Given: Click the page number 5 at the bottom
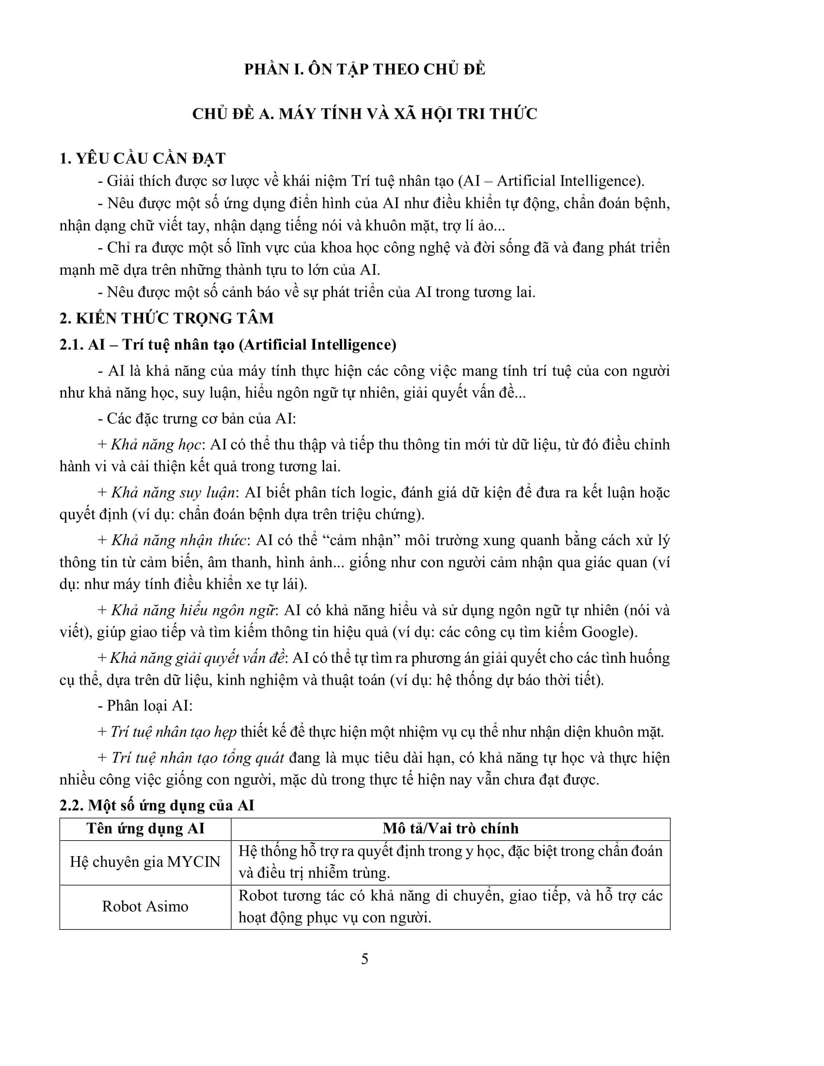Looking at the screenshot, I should pyautogui.click(x=364, y=958).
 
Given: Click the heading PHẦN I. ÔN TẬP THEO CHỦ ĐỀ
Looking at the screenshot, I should pyautogui.click(x=364, y=69).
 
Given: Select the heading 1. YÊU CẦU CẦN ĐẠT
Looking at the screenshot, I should pyautogui.click(x=142, y=158).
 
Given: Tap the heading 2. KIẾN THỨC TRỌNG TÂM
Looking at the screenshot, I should pyautogui.click(x=166, y=318).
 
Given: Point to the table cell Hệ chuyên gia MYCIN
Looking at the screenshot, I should pyautogui.click(x=145, y=862).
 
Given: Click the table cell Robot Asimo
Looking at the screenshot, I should pyautogui.click(x=145, y=907).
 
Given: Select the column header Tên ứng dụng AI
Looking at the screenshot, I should pyautogui.click(x=145, y=828).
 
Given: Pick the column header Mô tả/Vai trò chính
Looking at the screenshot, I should pyautogui.click(x=450, y=828).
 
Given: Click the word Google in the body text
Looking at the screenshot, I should pyautogui.click(x=607, y=632).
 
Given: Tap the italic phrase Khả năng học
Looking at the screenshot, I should pyautogui.click(x=156, y=445).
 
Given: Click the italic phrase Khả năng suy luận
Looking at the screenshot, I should pyautogui.click(x=174, y=492).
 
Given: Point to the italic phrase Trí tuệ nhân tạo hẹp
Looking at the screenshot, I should pyautogui.click(x=174, y=732).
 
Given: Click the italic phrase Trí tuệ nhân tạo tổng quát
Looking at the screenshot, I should pyautogui.click(x=198, y=757).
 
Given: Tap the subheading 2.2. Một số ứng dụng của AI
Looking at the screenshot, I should pyautogui.click(x=157, y=805).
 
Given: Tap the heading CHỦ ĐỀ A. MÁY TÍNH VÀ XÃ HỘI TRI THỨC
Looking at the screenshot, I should pyautogui.click(x=364, y=114).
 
